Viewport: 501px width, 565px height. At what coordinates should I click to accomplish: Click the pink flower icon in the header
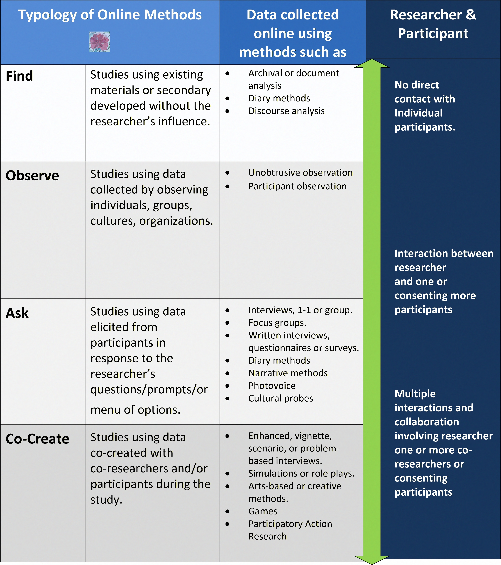(100, 42)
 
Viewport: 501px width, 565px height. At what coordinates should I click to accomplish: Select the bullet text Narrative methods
(288, 373)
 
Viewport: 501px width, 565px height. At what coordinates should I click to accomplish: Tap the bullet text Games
(263, 511)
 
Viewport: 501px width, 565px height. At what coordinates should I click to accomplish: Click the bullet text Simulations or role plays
(301, 474)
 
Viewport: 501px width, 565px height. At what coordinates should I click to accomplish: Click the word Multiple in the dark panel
(415, 394)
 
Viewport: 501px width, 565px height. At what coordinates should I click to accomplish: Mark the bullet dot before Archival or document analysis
(227, 73)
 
